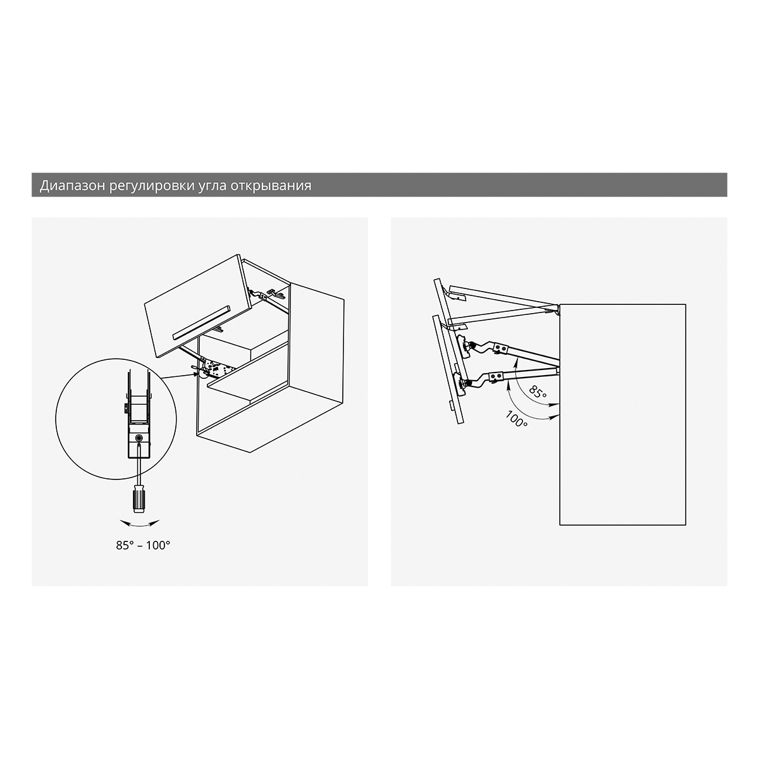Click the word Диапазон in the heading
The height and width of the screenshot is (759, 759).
(x=72, y=185)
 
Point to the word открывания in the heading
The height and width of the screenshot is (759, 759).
(x=271, y=185)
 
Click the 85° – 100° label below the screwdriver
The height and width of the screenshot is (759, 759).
(x=143, y=545)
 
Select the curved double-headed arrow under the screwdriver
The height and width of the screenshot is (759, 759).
(x=139, y=524)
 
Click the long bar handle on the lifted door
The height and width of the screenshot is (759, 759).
(x=201, y=322)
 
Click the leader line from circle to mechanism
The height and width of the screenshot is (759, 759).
(x=179, y=376)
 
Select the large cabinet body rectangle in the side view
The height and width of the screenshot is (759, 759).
(x=623, y=414)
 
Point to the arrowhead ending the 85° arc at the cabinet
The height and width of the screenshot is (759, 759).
(x=555, y=404)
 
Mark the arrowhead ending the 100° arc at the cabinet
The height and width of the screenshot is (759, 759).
(x=555, y=415)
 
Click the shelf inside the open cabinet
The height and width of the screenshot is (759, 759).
(x=247, y=381)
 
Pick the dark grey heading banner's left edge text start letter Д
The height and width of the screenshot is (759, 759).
(x=44, y=186)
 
